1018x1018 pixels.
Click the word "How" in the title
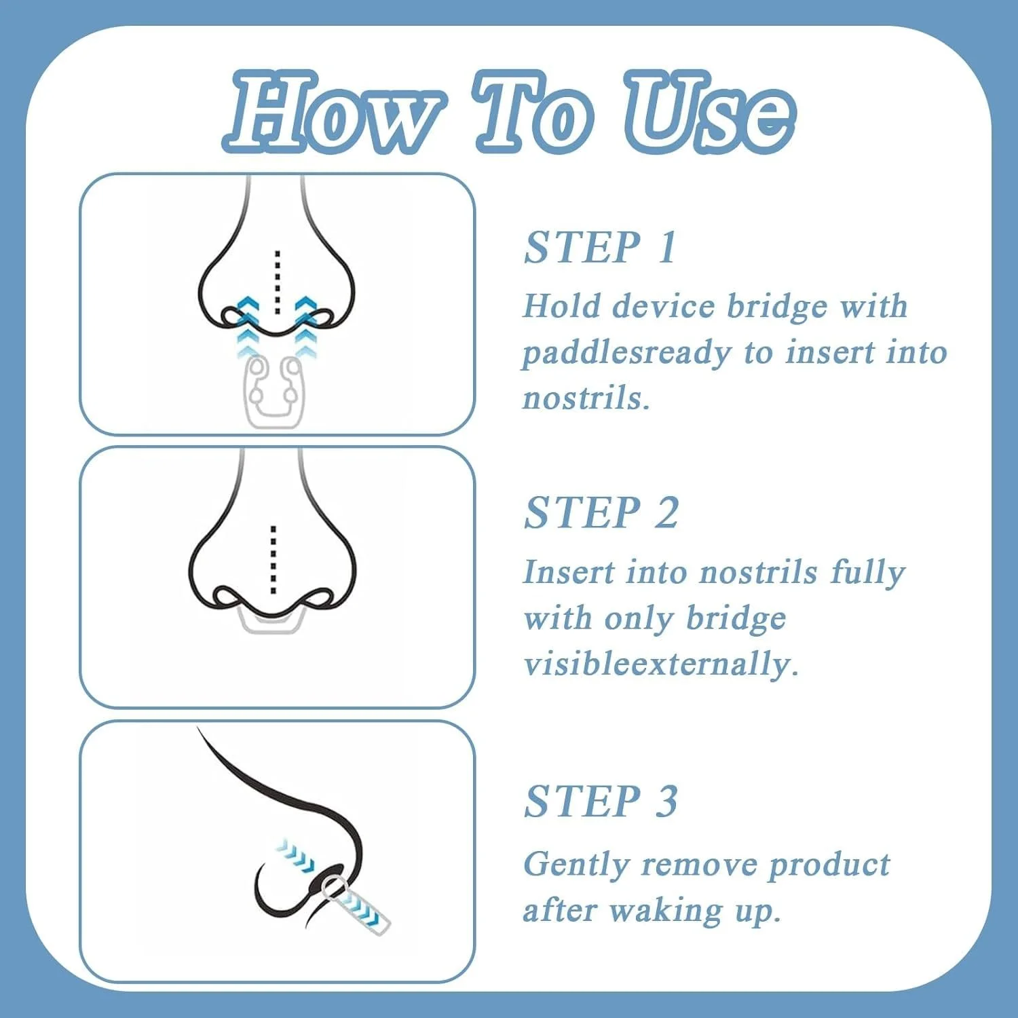point(332,111)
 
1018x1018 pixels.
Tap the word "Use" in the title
point(710,111)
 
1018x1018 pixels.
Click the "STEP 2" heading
point(601,512)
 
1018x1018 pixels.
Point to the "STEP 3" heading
point(601,802)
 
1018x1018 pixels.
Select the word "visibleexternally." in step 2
point(660,663)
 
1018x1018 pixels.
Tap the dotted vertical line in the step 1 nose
point(277,282)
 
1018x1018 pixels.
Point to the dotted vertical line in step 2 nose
point(273,560)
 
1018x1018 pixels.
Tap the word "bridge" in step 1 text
point(776,307)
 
